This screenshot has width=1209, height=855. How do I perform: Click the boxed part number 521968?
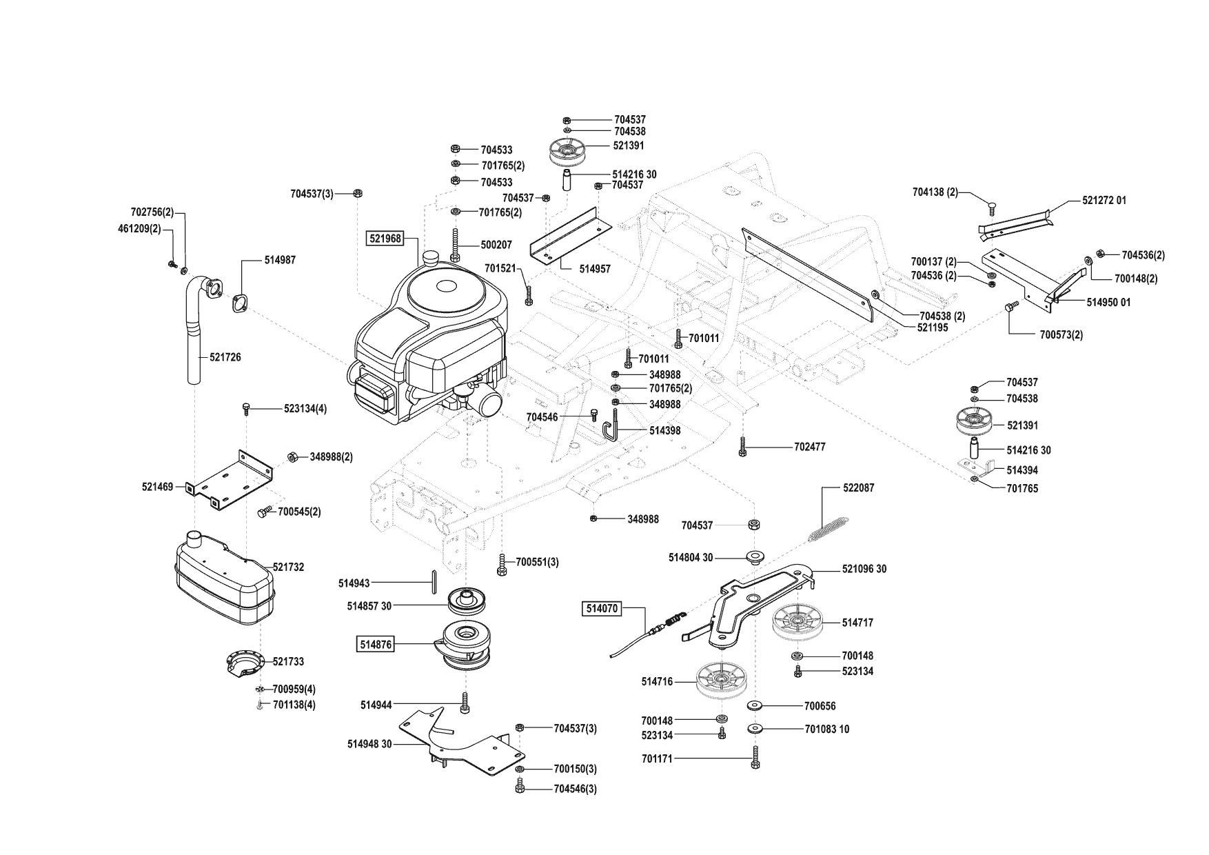[383, 239]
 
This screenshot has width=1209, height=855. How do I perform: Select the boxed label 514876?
[375, 645]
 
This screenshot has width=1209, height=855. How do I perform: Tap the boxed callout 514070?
[602, 609]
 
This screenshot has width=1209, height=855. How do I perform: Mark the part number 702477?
[809, 447]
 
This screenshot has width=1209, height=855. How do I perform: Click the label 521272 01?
[1104, 201]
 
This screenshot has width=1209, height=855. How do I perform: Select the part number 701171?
[657, 758]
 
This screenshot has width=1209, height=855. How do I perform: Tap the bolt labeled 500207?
[495, 245]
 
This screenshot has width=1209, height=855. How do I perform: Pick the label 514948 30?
[369, 745]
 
